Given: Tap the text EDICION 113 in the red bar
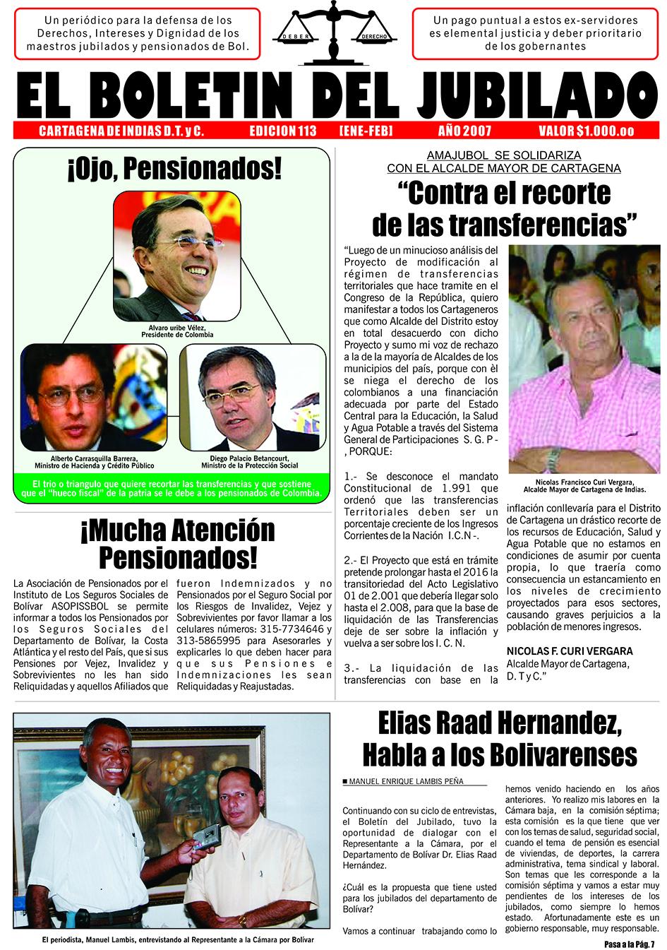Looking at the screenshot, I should point(282,131).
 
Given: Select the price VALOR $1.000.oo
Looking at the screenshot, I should point(586,131).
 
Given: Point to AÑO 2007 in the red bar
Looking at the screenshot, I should point(464,131).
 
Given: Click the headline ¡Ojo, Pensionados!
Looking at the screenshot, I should point(173,169).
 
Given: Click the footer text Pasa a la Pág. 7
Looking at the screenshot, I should point(630,944).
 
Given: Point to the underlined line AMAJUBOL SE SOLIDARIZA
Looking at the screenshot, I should point(504,155).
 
